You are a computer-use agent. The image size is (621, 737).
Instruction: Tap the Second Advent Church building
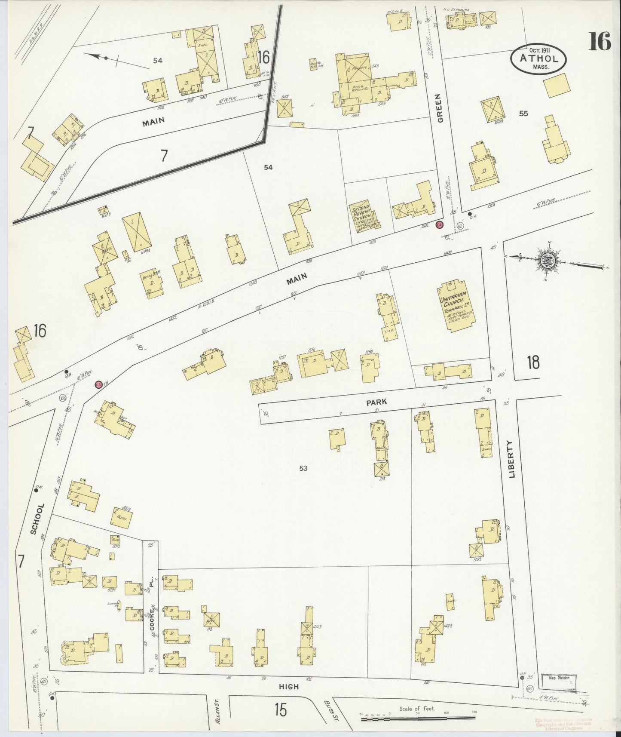coord(364,218)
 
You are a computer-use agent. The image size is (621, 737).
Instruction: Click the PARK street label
coord(376,402)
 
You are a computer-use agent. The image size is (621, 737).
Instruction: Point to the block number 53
coord(303,468)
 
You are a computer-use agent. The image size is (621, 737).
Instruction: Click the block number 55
coord(523,114)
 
